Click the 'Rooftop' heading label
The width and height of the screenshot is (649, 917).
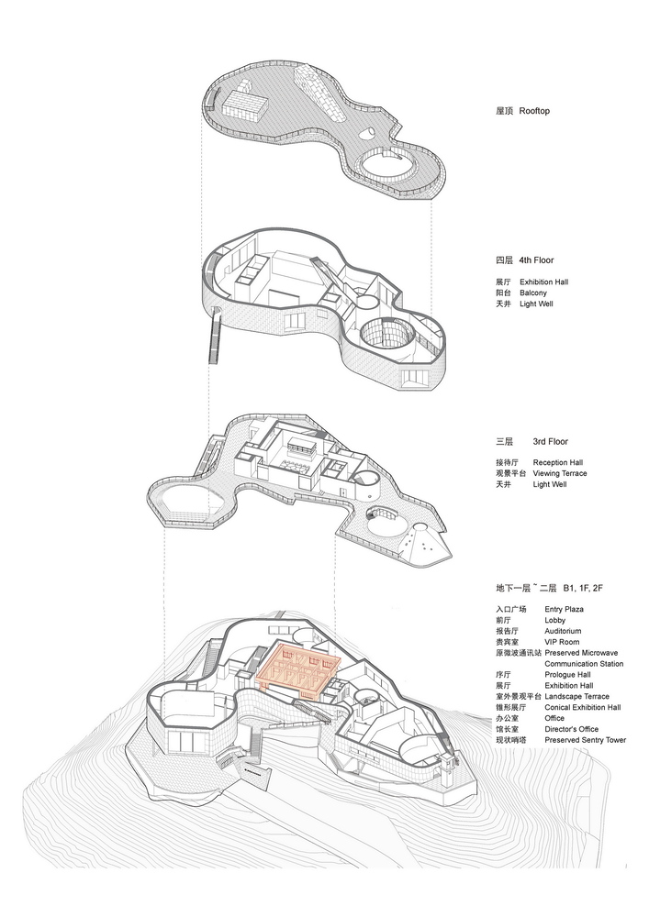pyautogui.click(x=534, y=111)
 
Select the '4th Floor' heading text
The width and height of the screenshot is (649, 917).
pyautogui.click(x=536, y=260)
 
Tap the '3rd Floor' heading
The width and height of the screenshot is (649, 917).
pyautogui.click(x=550, y=442)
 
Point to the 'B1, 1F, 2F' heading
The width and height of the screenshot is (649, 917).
pyautogui.click(x=583, y=587)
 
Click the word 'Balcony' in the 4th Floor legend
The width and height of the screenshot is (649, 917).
pyautogui.click(x=533, y=293)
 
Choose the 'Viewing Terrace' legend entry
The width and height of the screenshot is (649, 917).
pyautogui.click(x=559, y=473)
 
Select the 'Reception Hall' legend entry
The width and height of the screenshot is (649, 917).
pyautogui.click(x=558, y=462)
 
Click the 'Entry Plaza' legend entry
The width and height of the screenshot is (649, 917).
pyautogui.click(x=564, y=610)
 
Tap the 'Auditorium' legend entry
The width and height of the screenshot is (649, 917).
pyautogui.click(x=563, y=631)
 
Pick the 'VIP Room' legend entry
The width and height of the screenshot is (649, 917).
pyautogui.click(x=562, y=642)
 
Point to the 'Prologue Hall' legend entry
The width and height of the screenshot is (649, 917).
pyautogui.click(x=567, y=674)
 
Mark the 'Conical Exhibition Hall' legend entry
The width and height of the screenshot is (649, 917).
pyautogui.click(x=582, y=707)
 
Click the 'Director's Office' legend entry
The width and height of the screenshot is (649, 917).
pyautogui.click(x=571, y=729)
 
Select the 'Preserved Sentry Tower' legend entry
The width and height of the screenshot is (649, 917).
pyautogui.click(x=586, y=740)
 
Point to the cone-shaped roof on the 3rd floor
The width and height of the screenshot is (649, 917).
pyautogui.click(x=422, y=543)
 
